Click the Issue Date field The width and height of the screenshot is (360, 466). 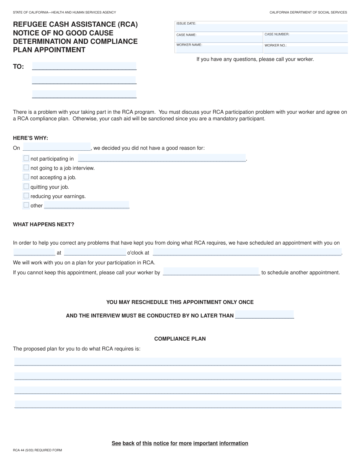261,28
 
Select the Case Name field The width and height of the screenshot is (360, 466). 219,39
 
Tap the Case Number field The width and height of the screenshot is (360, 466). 305,38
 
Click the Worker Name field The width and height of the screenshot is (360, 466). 219,49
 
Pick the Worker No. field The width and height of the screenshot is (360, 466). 305,50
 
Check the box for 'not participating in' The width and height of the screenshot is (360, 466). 26,158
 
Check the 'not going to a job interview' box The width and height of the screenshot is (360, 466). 26,167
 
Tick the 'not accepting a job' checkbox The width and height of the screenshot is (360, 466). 26,177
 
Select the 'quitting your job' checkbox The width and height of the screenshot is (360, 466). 26,186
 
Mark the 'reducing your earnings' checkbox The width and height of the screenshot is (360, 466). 26,196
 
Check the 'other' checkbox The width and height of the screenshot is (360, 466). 26,205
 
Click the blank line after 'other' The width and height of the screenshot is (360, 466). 87,205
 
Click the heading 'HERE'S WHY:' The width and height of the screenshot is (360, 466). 30,138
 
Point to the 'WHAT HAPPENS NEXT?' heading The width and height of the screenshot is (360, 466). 43,224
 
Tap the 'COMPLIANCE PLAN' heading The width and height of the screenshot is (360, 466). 180,339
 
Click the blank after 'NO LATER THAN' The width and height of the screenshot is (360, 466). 264,314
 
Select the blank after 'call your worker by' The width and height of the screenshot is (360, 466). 211,272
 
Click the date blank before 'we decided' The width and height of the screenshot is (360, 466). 57,147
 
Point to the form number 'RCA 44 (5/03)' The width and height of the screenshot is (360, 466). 37,450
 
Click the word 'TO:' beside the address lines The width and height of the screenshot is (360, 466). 18,67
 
